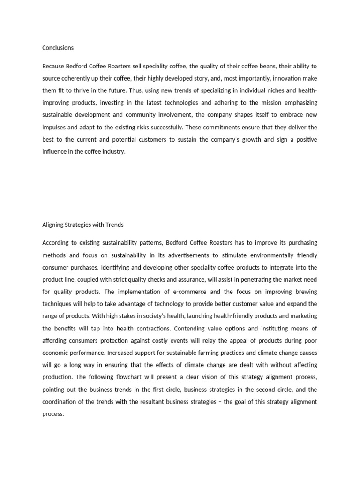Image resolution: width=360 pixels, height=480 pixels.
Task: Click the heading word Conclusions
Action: click(x=58, y=48)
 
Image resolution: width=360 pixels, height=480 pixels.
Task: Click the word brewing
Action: click(x=305, y=292)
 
